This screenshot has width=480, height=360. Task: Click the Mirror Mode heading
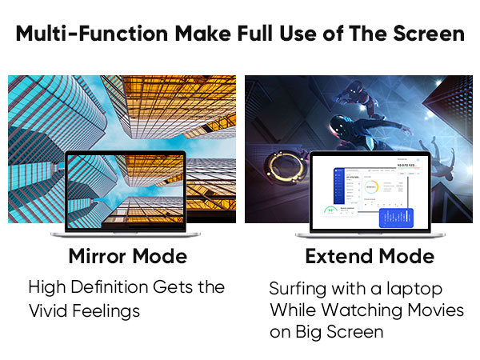pyautogui.click(x=128, y=257)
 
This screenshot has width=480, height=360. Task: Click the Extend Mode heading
pyautogui.click(x=370, y=257)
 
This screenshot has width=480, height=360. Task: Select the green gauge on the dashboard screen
pyautogui.click(x=330, y=211)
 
